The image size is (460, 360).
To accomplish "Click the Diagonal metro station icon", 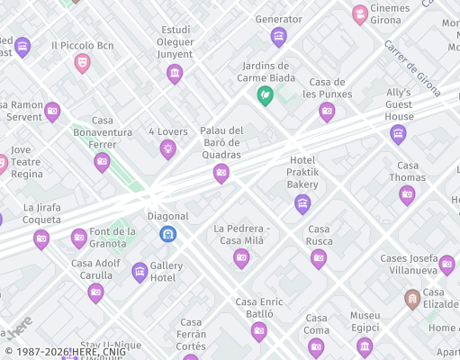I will click(x=167, y=234).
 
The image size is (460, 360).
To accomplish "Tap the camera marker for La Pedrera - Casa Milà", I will click(x=241, y=258).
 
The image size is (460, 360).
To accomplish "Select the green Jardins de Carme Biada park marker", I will click(x=266, y=94).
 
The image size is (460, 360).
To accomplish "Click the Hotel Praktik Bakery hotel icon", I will click(x=302, y=203).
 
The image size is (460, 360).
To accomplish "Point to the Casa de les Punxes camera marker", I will click(x=327, y=112).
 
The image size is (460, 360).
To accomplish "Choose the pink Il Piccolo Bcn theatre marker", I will click(x=82, y=62).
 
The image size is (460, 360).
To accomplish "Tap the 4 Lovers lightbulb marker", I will click(x=168, y=149).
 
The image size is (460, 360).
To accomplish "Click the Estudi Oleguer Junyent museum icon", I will click(x=175, y=74).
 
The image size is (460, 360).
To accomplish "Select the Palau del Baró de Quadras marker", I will click(x=221, y=174).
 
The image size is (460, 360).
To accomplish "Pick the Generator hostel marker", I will click(x=279, y=37).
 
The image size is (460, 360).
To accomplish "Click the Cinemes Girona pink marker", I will click(x=360, y=14).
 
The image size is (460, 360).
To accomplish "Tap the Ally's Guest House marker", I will click(x=398, y=134).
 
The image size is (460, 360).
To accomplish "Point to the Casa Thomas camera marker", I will click(x=407, y=194).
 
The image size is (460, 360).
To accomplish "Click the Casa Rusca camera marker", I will click(x=319, y=258).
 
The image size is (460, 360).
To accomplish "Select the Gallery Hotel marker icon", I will click(x=140, y=272).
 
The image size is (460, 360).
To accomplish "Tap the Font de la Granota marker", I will click(x=79, y=238).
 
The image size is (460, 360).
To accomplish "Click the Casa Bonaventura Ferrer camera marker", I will click(x=102, y=162).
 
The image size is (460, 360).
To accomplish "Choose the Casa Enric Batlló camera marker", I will click(x=259, y=331).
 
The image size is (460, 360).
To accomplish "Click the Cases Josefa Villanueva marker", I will click(x=446, y=265).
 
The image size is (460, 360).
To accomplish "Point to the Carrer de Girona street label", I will click(x=412, y=67).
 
